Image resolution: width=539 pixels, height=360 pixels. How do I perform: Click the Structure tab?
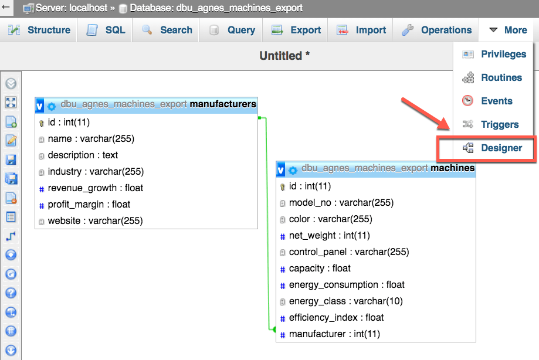(x=40, y=30)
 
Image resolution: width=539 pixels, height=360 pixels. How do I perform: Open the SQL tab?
(x=106, y=30)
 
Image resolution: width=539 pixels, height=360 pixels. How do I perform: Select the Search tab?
(x=167, y=30)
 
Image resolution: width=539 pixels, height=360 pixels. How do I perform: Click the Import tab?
(x=361, y=30)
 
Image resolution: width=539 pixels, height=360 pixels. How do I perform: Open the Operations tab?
(x=436, y=30)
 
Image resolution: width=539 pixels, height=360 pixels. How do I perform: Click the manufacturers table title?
(x=223, y=104)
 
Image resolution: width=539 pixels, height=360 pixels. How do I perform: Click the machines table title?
(x=452, y=168)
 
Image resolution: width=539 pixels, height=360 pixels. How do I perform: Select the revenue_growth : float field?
(x=95, y=188)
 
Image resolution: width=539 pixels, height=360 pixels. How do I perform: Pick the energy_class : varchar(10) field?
(x=345, y=301)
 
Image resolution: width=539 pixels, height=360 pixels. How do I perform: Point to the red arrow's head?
(x=446, y=128)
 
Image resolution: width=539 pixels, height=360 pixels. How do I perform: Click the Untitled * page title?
(x=284, y=56)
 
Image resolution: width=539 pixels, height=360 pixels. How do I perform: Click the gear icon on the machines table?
(x=293, y=170)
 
